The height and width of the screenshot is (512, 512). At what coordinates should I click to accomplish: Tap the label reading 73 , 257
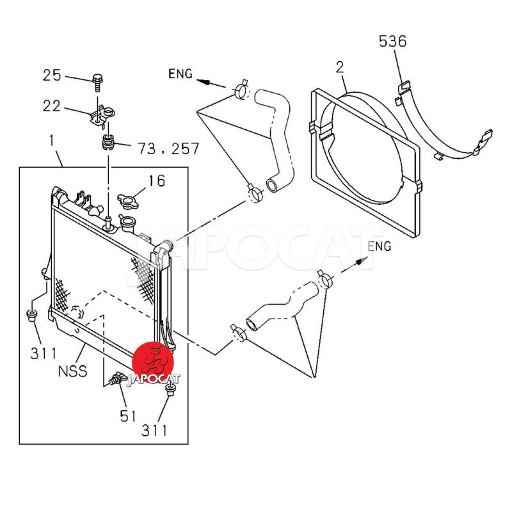168,149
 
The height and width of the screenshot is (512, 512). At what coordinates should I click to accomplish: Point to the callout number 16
157,181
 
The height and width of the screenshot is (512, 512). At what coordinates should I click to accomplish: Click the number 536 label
392,42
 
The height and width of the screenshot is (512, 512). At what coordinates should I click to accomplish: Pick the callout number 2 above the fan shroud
340,67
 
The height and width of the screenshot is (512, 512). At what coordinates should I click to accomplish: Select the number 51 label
128,416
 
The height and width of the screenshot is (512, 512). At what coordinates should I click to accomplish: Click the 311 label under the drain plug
154,430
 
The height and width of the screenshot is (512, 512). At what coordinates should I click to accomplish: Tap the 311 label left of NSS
42,353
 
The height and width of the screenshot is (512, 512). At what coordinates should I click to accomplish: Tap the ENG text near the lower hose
380,246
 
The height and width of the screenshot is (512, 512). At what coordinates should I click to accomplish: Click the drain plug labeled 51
115,380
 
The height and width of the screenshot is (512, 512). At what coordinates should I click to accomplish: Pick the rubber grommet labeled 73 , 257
108,140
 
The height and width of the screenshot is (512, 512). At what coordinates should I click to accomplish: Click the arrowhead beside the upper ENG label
202,81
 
